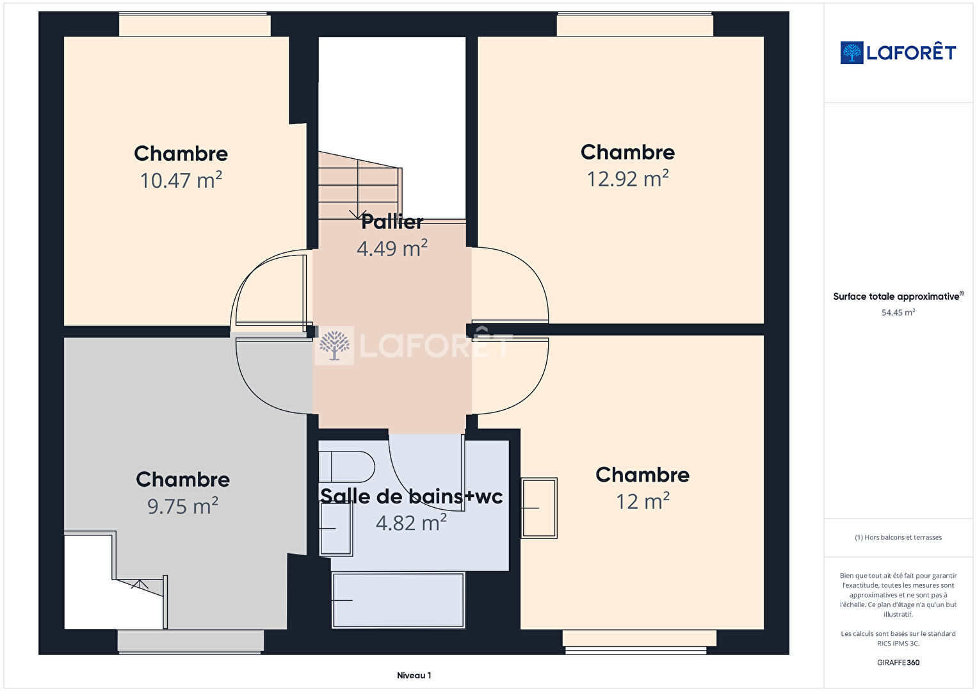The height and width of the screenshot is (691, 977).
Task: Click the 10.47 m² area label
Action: (181, 180)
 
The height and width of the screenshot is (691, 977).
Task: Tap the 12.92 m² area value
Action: (627, 179)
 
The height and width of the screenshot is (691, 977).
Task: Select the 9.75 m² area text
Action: (182, 506)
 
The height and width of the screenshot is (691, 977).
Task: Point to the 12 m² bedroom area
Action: (642, 501)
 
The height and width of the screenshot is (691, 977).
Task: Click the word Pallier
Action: (392, 222)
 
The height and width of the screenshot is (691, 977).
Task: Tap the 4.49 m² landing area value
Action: (392, 248)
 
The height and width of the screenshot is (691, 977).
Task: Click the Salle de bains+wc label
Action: (411, 496)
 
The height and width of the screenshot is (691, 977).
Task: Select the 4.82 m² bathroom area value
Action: (411, 523)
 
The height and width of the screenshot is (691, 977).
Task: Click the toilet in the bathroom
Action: (347, 467)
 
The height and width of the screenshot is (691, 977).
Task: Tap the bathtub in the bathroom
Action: (398, 600)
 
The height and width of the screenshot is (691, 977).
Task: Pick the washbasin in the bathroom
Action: (336, 528)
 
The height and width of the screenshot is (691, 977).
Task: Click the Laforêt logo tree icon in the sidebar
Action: (852, 53)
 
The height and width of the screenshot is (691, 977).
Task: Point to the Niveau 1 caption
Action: (414, 675)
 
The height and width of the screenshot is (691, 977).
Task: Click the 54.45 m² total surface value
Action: (898, 313)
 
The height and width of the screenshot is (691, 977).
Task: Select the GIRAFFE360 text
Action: (898, 662)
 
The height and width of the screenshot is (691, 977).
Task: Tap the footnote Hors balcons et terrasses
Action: (898, 537)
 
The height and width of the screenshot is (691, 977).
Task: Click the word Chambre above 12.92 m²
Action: (627, 152)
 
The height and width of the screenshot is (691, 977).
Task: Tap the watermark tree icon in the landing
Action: (334, 346)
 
